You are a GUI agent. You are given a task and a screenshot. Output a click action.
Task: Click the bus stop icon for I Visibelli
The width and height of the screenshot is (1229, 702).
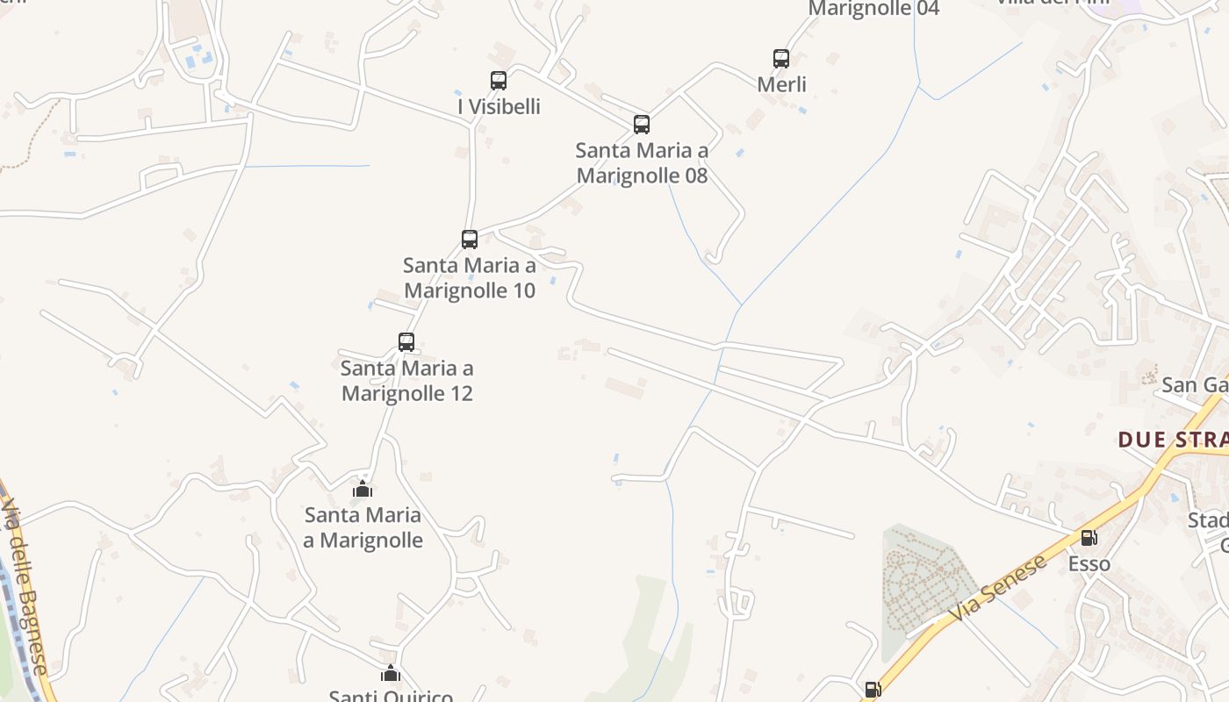click(499, 81)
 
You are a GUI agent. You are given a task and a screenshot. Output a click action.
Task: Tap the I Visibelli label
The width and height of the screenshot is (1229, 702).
click(499, 107)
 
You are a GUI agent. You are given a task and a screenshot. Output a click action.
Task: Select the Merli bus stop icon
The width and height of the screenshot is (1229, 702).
click(781, 59)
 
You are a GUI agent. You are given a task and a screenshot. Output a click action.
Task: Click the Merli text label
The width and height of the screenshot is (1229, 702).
click(781, 84)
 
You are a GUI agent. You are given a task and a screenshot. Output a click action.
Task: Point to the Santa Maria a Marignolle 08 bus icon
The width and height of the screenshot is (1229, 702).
click(642, 125)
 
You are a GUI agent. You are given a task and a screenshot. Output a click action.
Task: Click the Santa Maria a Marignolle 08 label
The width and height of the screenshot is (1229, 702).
click(642, 163)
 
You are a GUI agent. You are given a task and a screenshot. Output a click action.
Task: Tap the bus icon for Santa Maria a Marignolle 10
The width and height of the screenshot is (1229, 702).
click(470, 240)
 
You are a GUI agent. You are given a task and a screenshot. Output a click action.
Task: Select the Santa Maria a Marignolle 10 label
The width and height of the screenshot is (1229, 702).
click(470, 277)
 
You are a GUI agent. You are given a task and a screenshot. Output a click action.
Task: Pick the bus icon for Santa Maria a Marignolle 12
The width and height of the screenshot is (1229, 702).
click(406, 342)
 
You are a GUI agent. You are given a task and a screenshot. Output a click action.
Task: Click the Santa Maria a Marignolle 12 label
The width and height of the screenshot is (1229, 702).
click(407, 380)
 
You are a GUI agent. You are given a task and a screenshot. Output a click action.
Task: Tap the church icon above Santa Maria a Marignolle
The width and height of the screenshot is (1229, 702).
click(363, 490)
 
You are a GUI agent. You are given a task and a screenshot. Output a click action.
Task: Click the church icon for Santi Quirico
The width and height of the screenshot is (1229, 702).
click(391, 674)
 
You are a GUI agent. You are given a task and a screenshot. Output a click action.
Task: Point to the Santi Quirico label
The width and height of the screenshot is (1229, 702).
click(391, 696)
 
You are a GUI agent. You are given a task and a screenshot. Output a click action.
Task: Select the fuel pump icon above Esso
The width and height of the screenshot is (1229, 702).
click(1089, 538)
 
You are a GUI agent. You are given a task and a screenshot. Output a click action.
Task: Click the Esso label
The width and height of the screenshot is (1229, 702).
click(1089, 563)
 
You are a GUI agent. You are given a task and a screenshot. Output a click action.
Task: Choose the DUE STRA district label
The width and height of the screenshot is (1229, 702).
click(1173, 440)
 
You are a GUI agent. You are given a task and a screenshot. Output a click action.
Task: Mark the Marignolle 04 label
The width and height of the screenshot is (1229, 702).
click(873, 9)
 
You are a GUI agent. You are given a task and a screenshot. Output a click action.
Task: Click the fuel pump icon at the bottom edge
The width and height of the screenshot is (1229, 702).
click(873, 691)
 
